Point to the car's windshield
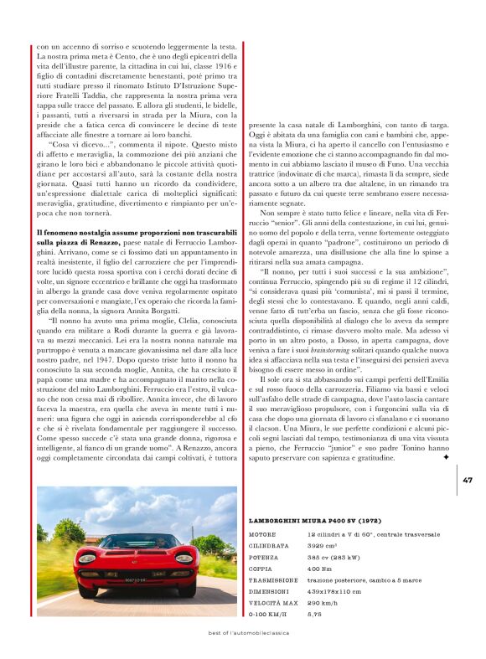click(136, 542)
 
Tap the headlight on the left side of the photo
click(86, 558)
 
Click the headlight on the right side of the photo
click(186, 558)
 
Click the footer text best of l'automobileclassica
click(242, 633)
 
